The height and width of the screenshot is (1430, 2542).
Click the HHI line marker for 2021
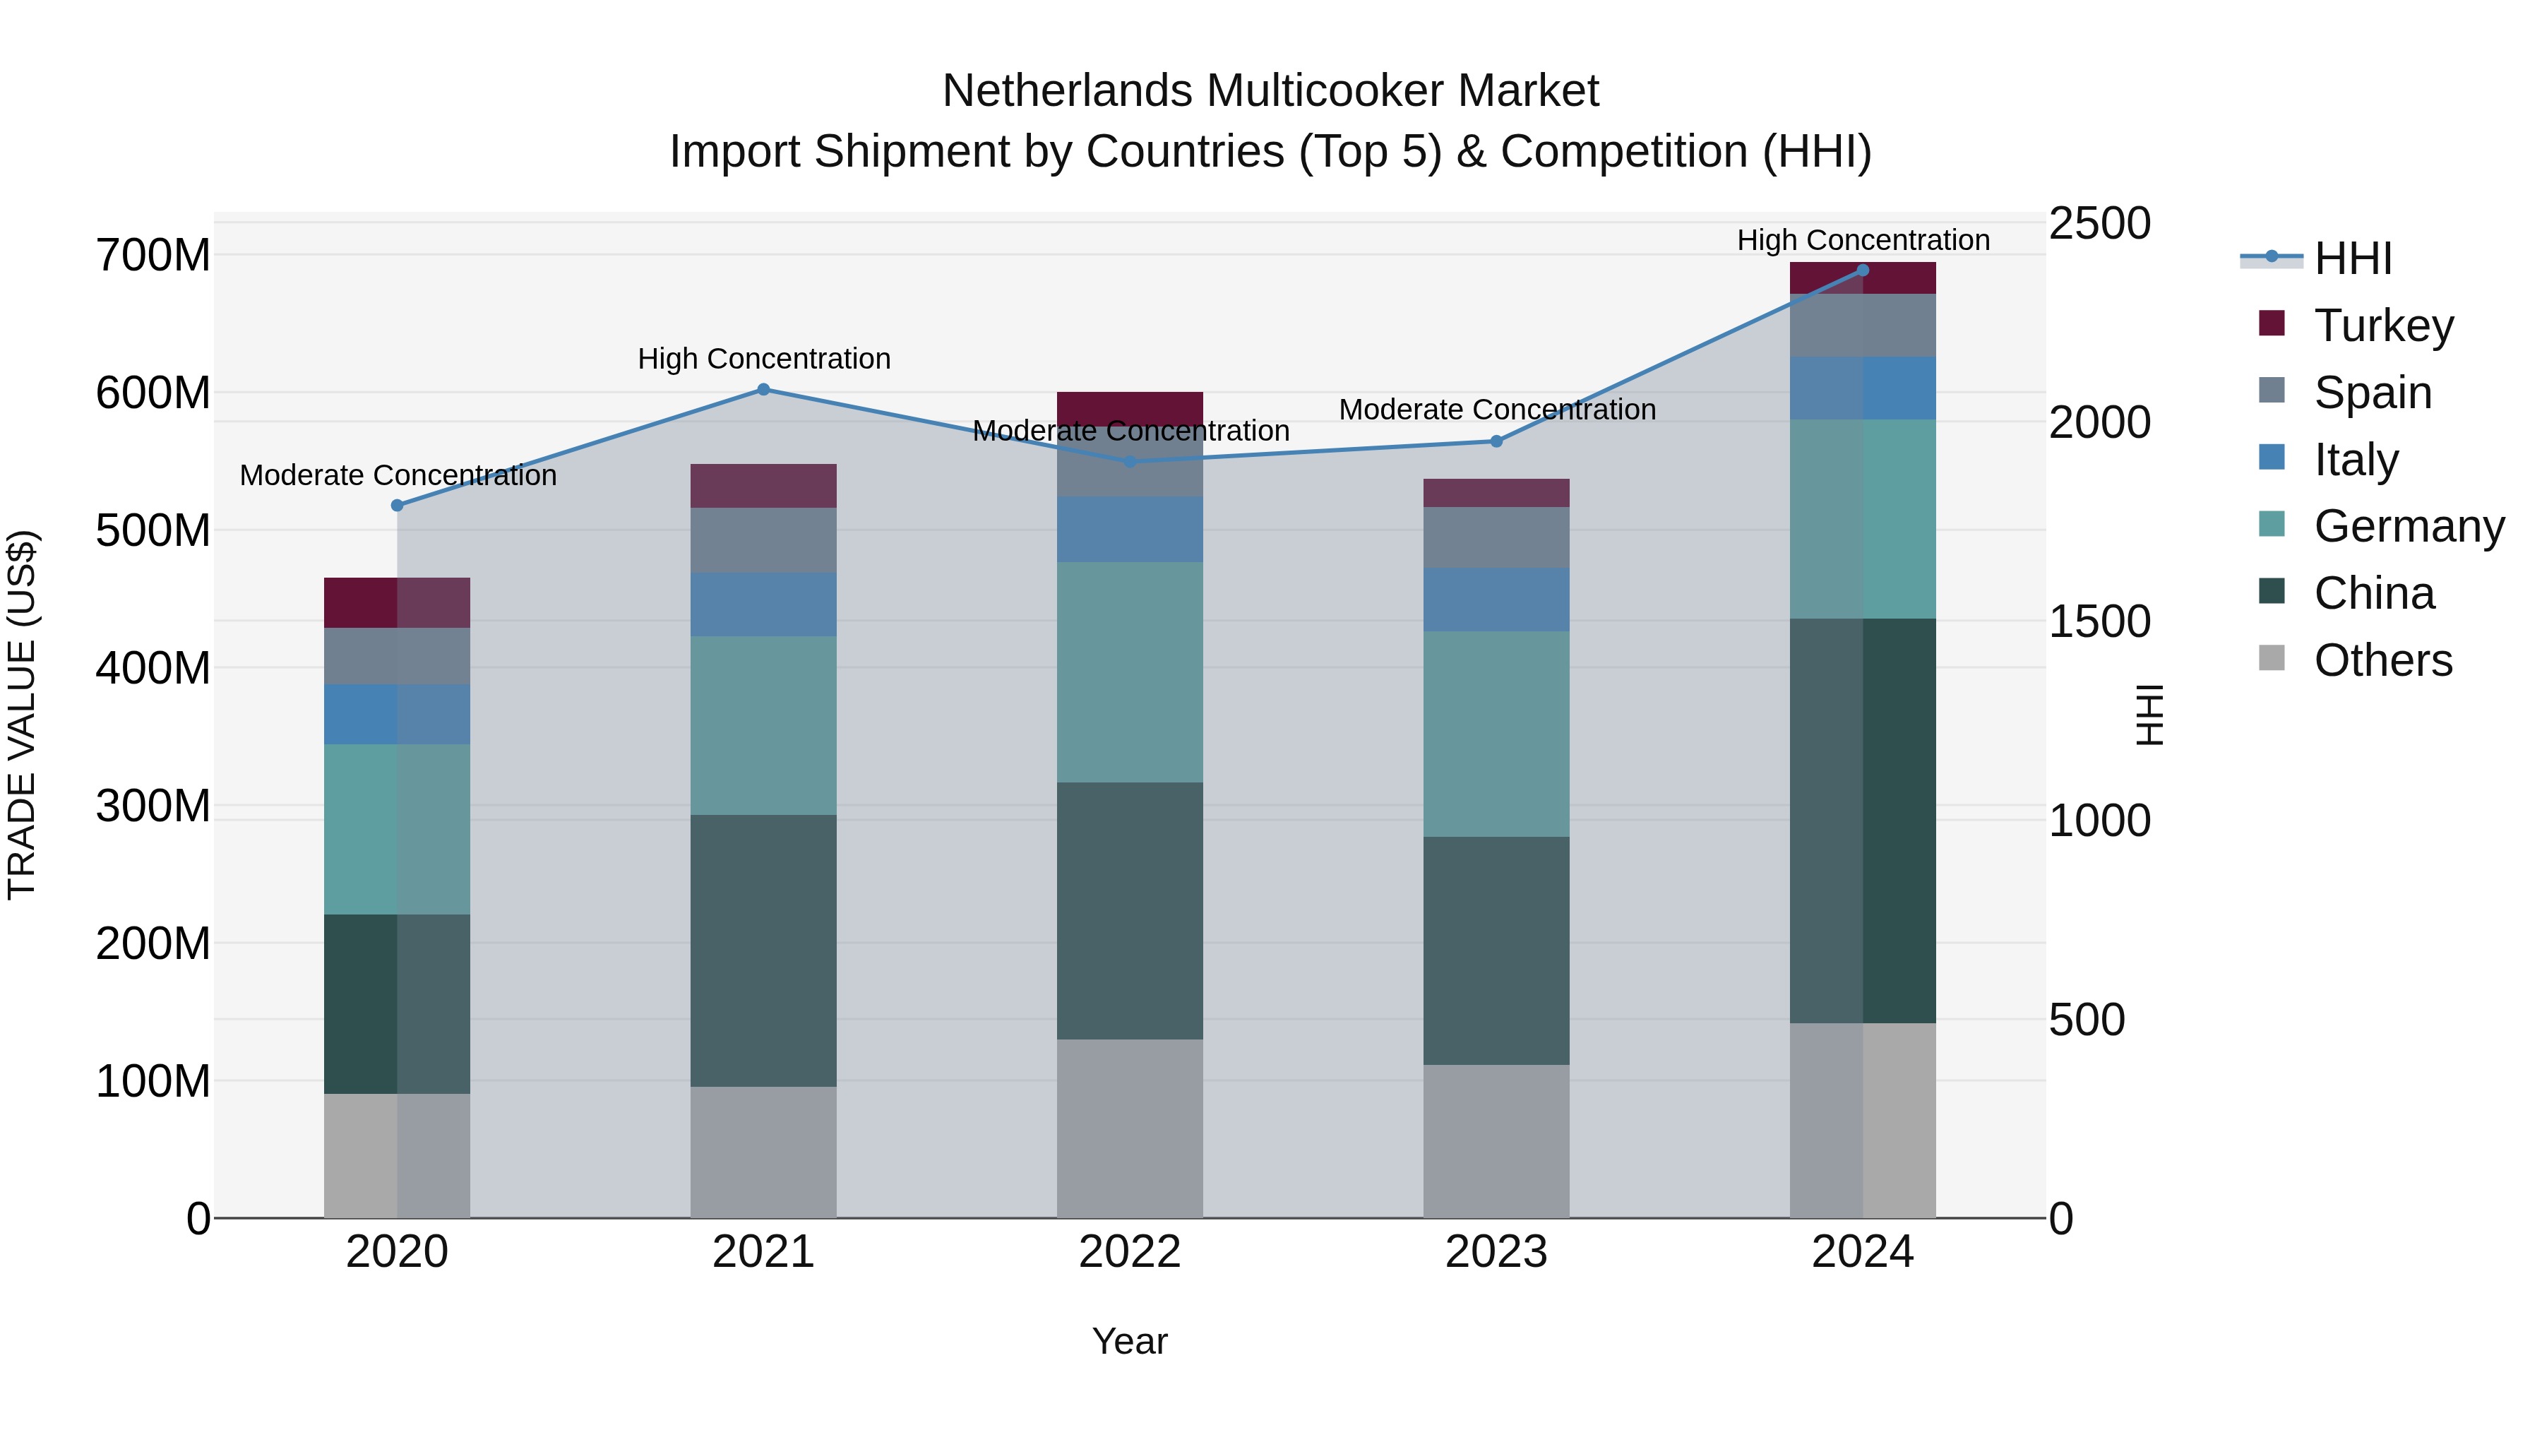click(x=763, y=390)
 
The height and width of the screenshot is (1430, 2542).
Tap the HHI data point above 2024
click(x=1862, y=270)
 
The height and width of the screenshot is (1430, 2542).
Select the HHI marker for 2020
click(x=398, y=506)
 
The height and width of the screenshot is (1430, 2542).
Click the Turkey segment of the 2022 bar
click(x=1130, y=407)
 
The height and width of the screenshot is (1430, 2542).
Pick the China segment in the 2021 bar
click(x=763, y=951)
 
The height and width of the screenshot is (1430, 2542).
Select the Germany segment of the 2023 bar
click(x=1496, y=734)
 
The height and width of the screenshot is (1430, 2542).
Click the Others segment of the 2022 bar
click(x=1130, y=1128)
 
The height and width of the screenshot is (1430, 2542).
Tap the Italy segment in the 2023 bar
click(x=1496, y=600)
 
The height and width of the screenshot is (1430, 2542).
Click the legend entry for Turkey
click(x=2382, y=326)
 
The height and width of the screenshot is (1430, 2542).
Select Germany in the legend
click(x=2408, y=526)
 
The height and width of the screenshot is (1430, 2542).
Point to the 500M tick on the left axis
click(x=153, y=531)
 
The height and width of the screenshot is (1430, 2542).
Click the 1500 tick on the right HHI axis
click(x=2099, y=621)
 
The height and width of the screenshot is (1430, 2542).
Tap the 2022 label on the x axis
click(x=1130, y=1252)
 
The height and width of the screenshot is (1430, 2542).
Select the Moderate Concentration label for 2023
click(x=1497, y=410)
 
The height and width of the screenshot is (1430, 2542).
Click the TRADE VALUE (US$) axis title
click(x=22, y=715)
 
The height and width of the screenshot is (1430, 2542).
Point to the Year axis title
click(x=1130, y=1341)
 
